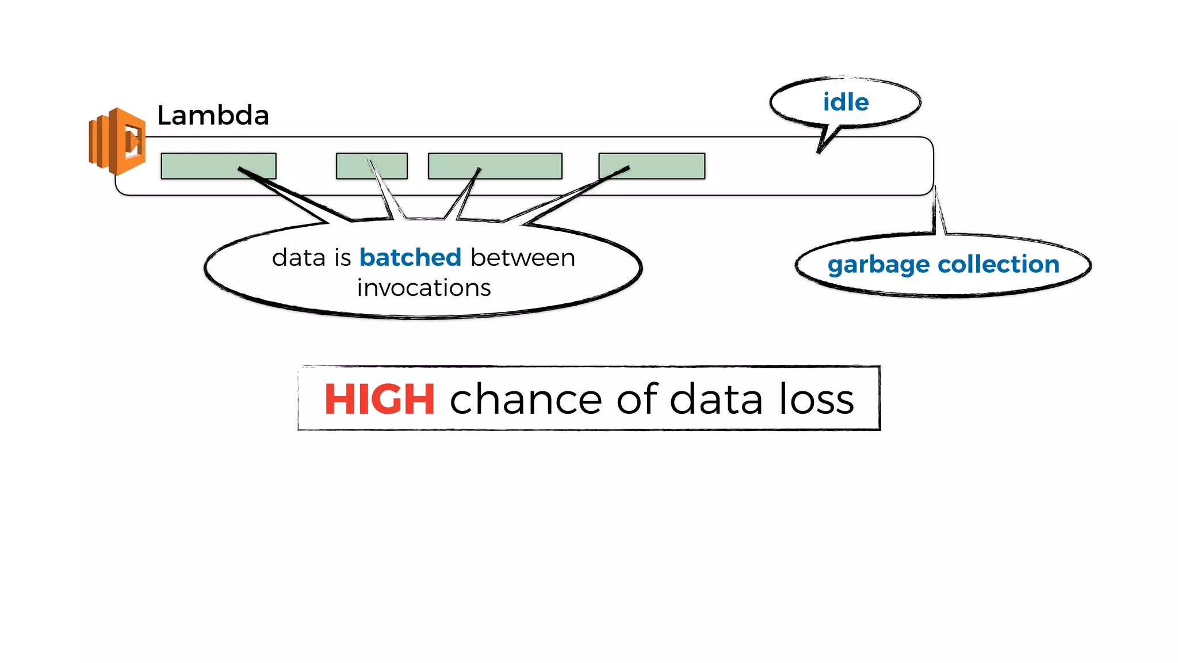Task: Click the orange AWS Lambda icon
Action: pyautogui.click(x=117, y=141)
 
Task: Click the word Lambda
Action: pyautogui.click(x=213, y=116)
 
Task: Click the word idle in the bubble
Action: pyautogui.click(x=846, y=102)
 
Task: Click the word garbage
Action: pyautogui.click(x=878, y=265)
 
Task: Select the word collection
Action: pyautogui.click(x=999, y=264)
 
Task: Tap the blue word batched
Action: pyautogui.click(x=410, y=257)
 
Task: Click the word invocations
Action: pyautogui.click(x=424, y=288)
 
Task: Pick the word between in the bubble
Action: pyautogui.click(x=523, y=257)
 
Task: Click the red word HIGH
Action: pyautogui.click(x=380, y=399)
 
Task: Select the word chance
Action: pyautogui.click(x=525, y=399)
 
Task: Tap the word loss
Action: pyautogui.click(x=816, y=399)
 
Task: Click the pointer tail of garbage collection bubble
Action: pyautogui.click(x=938, y=213)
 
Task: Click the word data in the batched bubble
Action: pyautogui.click(x=299, y=257)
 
